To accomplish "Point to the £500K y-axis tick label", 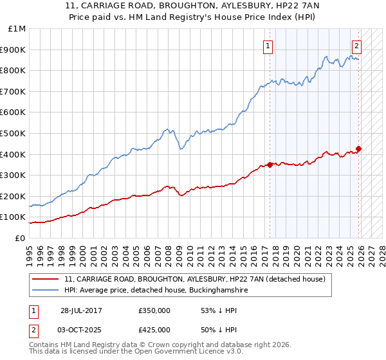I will click(14, 133).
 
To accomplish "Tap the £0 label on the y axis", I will click(20, 238).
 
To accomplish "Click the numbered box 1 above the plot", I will click(268, 46).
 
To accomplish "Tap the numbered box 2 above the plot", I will click(356, 46).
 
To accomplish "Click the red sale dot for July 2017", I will click(270, 165).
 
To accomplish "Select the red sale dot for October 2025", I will click(358, 149).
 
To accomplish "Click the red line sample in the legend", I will click(46, 280).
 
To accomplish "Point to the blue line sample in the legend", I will click(46, 291).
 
